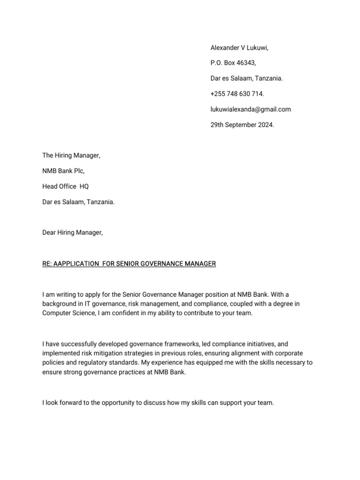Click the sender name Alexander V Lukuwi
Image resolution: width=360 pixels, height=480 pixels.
coord(239,48)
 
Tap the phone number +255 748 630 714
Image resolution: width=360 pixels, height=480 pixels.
coord(237,94)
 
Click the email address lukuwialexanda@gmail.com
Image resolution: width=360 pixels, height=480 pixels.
coord(250,109)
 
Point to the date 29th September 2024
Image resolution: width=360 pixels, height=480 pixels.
coord(242,125)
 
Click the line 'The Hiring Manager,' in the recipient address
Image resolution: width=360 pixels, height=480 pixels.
coord(71,156)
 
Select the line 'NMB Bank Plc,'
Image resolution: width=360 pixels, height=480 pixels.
coord(63,171)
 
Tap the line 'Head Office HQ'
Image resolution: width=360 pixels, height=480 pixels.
coord(65,187)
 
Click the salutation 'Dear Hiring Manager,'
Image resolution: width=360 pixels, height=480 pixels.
coord(72,232)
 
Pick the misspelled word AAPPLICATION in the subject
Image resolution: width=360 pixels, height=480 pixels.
coord(74,264)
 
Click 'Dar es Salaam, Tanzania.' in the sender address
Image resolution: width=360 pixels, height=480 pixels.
coord(247,79)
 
